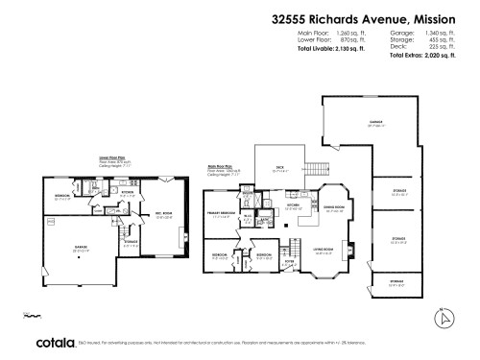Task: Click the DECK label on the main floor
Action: click(x=280, y=168)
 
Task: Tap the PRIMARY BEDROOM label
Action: click(x=223, y=213)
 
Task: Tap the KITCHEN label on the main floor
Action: click(x=294, y=204)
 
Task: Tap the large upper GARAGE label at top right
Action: click(x=374, y=123)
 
